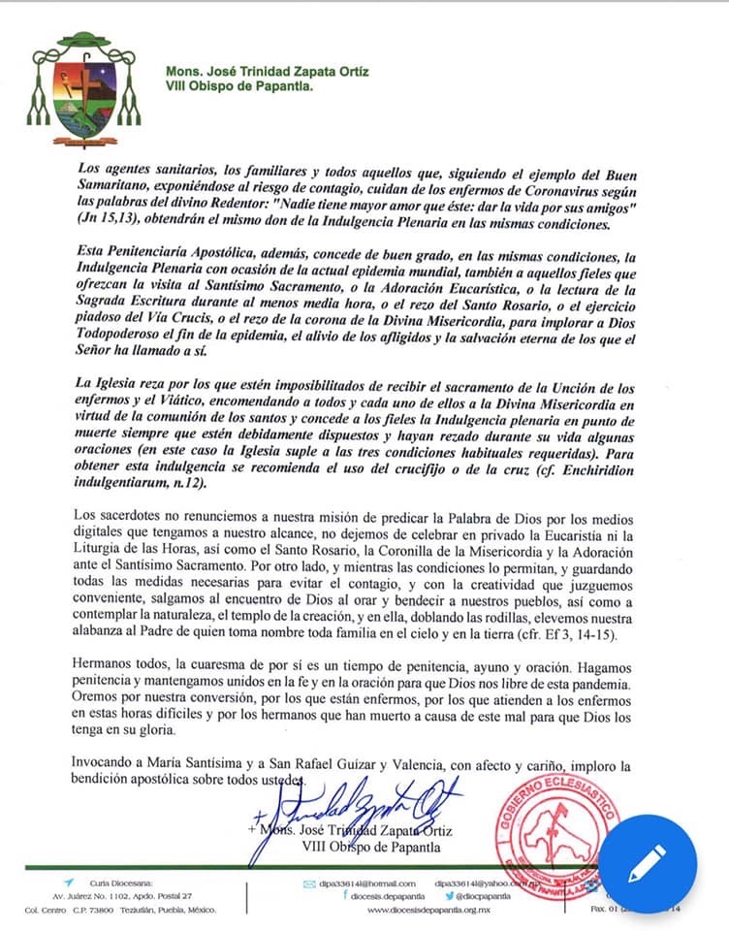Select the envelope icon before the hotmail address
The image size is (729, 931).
(x=309, y=883)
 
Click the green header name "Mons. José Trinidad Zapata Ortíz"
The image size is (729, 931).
(x=267, y=72)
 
